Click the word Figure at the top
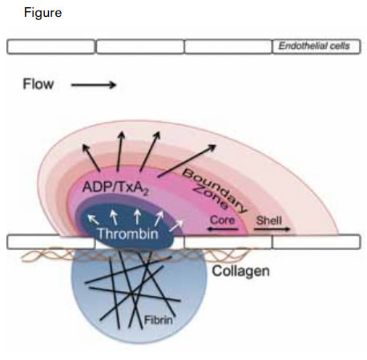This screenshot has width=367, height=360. tap(42, 14)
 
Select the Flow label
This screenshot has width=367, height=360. tap(38, 84)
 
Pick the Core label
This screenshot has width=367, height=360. tap(221, 218)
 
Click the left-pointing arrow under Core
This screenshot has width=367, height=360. tap(220, 230)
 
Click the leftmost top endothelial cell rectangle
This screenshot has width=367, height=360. tap(50, 47)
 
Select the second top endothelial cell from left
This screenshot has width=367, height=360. tap(139, 47)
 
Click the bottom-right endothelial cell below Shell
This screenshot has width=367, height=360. tap(317, 241)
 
